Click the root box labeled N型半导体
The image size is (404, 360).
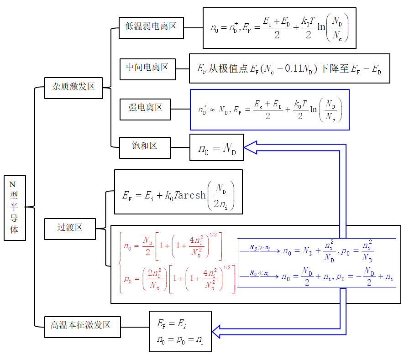(x=15, y=208)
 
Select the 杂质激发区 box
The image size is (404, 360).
(x=73, y=88)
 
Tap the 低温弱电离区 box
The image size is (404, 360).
(x=151, y=27)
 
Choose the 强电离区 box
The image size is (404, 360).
(x=145, y=108)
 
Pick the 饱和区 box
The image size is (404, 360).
(x=145, y=147)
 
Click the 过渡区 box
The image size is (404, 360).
(x=70, y=228)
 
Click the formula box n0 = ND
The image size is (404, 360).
(x=216, y=148)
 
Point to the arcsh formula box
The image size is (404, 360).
(x=178, y=192)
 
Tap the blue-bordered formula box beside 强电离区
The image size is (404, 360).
(x=269, y=110)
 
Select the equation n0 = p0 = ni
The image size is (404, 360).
(x=179, y=339)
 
